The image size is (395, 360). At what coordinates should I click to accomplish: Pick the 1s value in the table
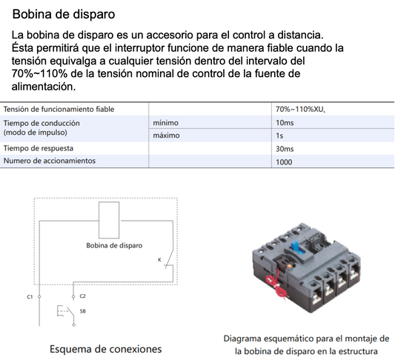coord(279,136)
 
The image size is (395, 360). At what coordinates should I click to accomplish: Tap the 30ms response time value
coord(284,148)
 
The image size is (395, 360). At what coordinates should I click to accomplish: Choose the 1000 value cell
coord(283,161)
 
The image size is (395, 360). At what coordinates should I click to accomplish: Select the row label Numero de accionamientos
coord(49,161)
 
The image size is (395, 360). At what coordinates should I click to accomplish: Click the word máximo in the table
coord(167,136)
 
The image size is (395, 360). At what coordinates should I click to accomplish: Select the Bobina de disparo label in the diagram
coord(114,245)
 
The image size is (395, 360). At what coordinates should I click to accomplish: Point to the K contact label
coord(159,260)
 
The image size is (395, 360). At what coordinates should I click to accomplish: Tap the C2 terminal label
coord(82,296)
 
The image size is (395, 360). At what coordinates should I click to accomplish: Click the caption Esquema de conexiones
coord(105,347)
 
